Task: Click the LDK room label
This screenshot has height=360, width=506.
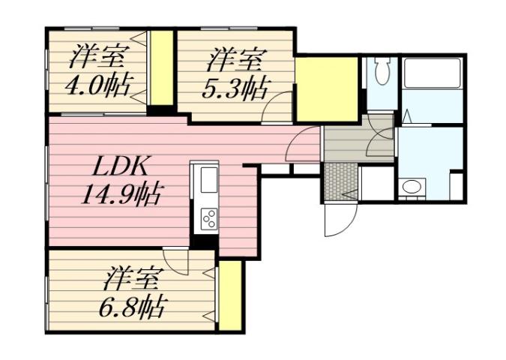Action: coord(115,166)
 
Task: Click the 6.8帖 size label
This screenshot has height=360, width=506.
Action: coord(131,305)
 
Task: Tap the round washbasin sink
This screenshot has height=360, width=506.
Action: coord(410,187)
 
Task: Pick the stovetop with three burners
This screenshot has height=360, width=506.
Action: coord(208,218)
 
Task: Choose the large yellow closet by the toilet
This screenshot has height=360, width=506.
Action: coord(326,88)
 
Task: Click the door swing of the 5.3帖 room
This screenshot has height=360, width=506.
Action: coord(279,108)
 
